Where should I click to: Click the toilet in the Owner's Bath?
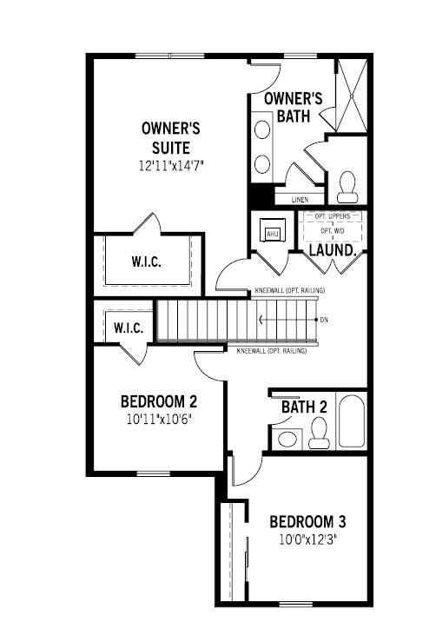pyautogui.click(x=348, y=185)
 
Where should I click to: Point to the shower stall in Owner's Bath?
pyautogui.click(x=352, y=96)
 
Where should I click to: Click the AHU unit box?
pyautogui.click(x=272, y=233)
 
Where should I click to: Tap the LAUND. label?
pyautogui.click(x=334, y=249)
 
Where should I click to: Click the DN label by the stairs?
pyautogui.click(x=324, y=320)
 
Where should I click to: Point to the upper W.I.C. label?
pyautogui.click(x=147, y=261)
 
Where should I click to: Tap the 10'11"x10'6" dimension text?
pyautogui.click(x=158, y=418)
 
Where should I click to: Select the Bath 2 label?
pyautogui.click(x=304, y=407)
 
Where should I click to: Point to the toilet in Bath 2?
pyautogui.click(x=319, y=432)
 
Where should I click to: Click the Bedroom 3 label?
pyautogui.click(x=308, y=522)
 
